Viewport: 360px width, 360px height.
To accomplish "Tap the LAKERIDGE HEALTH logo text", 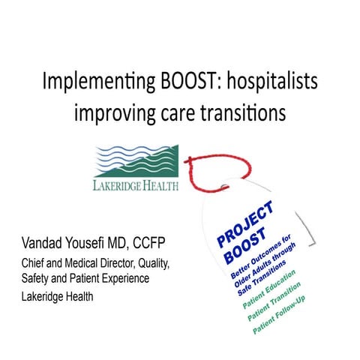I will (136, 184).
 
